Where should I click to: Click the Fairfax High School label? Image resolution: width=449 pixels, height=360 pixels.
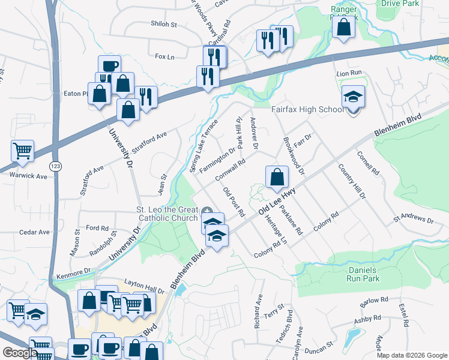click(307, 110)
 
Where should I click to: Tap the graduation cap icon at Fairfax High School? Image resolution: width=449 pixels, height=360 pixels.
click(353, 96)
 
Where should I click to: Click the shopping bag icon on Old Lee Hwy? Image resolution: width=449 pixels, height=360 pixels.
click(276, 177)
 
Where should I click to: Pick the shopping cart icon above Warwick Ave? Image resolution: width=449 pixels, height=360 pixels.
click(22, 151)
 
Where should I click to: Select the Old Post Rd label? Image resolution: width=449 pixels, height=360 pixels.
click(234, 202)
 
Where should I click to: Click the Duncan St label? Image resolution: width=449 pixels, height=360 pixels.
click(318, 347)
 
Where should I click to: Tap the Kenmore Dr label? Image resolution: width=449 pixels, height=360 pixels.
click(78, 271)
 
